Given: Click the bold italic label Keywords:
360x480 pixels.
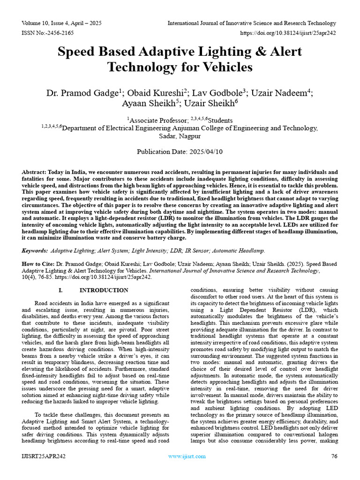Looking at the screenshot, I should tap(35, 251).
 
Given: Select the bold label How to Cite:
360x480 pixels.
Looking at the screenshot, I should tap(38, 264).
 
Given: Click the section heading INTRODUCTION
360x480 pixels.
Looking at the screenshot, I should tap(104, 291).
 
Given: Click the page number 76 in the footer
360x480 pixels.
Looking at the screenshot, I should tap(334, 457).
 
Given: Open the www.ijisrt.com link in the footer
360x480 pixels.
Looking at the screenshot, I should tap(187, 457).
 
